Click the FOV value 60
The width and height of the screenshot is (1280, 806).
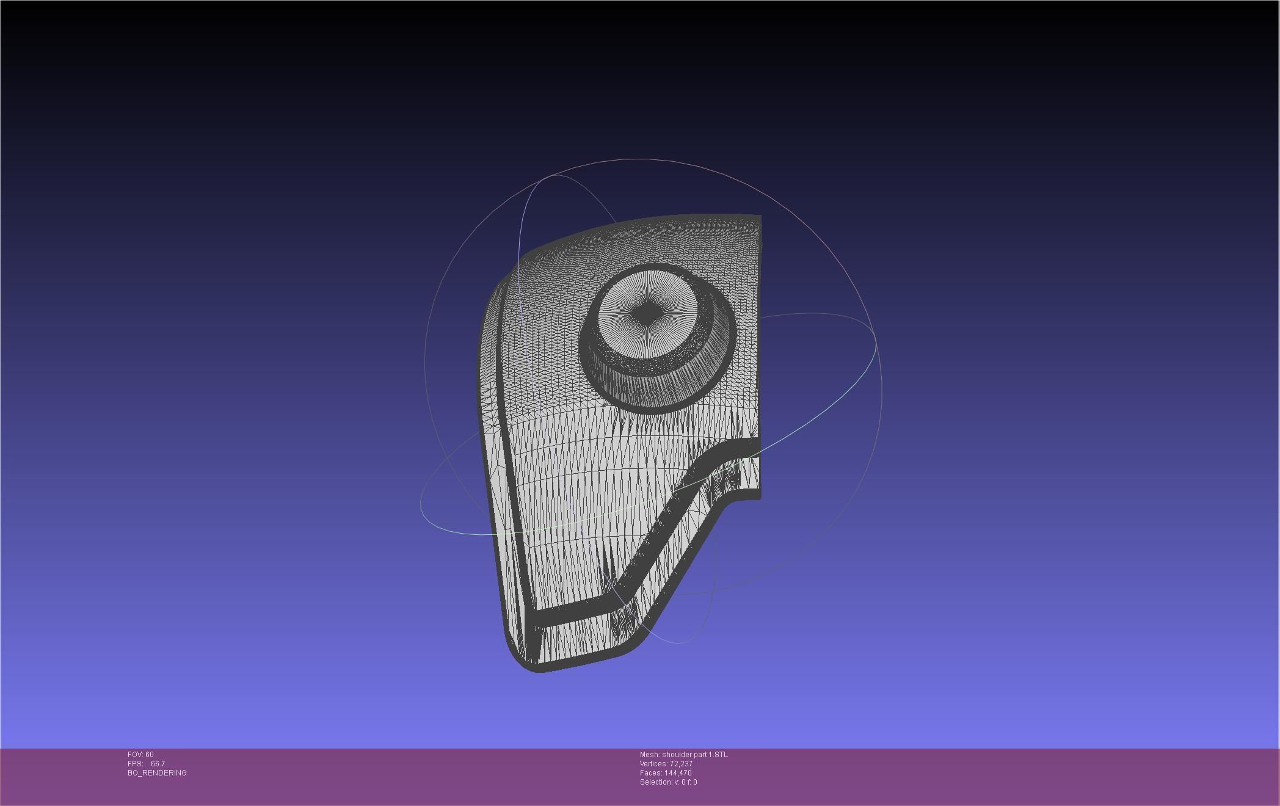(x=150, y=755)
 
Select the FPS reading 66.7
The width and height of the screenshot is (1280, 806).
(x=158, y=764)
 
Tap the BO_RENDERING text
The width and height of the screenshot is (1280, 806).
(x=157, y=773)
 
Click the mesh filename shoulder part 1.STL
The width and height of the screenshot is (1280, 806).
(x=695, y=755)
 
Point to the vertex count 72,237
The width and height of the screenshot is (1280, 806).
(x=681, y=764)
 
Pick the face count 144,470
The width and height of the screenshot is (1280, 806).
(x=678, y=773)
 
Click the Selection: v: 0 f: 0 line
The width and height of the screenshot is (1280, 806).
(x=668, y=782)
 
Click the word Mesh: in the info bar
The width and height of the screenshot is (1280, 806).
(x=650, y=755)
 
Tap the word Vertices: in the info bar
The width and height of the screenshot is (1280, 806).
(x=653, y=764)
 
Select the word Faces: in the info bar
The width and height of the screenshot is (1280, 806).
(x=651, y=773)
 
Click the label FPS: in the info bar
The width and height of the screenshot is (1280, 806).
(x=135, y=764)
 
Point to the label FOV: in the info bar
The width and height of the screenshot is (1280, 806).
(x=136, y=755)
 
